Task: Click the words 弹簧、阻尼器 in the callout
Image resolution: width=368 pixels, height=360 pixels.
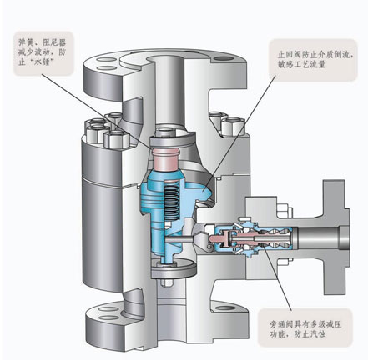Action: [x=43, y=42]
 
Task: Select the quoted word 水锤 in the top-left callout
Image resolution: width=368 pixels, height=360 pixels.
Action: [x=41, y=62]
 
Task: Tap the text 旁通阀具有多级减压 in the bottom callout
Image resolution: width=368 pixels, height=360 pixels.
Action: [x=305, y=324]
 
